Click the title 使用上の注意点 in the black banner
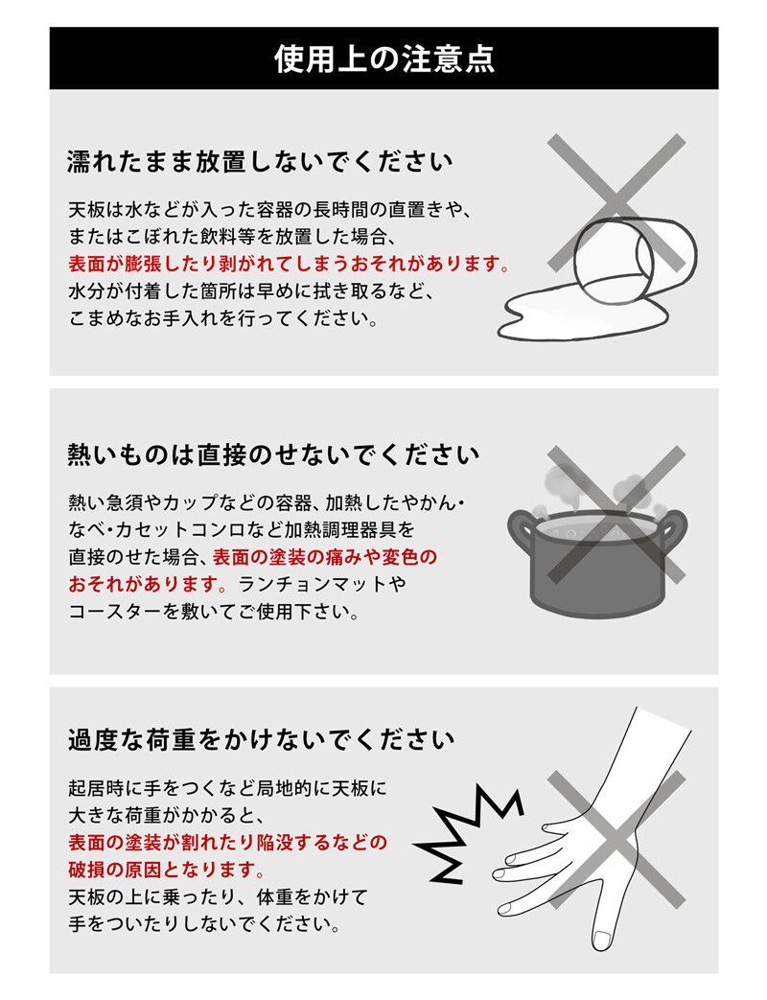click(383, 58)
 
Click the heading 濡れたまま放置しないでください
click(259, 161)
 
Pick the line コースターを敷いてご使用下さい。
click(214, 610)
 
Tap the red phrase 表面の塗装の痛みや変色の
click(324, 556)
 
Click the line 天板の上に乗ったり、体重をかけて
click(218, 898)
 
